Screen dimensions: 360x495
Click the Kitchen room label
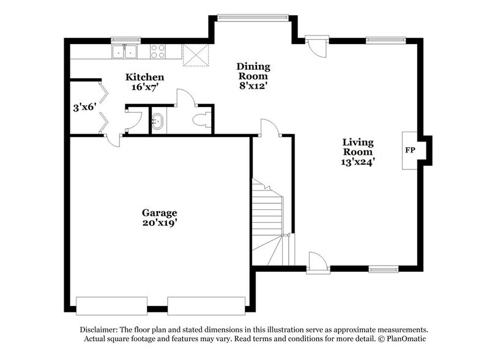144,77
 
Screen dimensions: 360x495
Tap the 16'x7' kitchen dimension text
144,87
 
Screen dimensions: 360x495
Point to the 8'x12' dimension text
253,86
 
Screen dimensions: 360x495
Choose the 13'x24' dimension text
357,162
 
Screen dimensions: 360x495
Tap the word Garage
159,212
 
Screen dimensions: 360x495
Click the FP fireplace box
410,150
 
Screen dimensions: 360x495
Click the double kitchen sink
125,51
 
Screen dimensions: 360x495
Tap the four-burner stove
158,51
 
